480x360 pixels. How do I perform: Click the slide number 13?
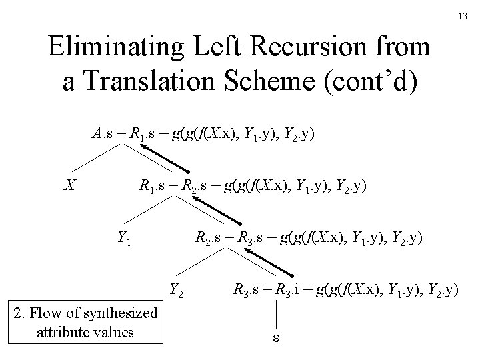tap(462, 15)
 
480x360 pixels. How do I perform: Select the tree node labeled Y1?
tap(124, 236)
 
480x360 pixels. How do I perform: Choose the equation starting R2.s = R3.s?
tap(307, 236)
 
